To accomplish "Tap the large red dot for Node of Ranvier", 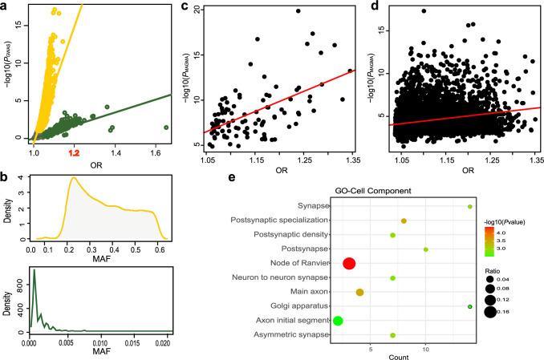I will [x=349, y=264].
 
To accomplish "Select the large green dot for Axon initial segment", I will [x=338, y=321].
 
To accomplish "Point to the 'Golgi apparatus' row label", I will [x=298, y=306].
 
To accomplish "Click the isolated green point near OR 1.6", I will [x=167, y=127].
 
